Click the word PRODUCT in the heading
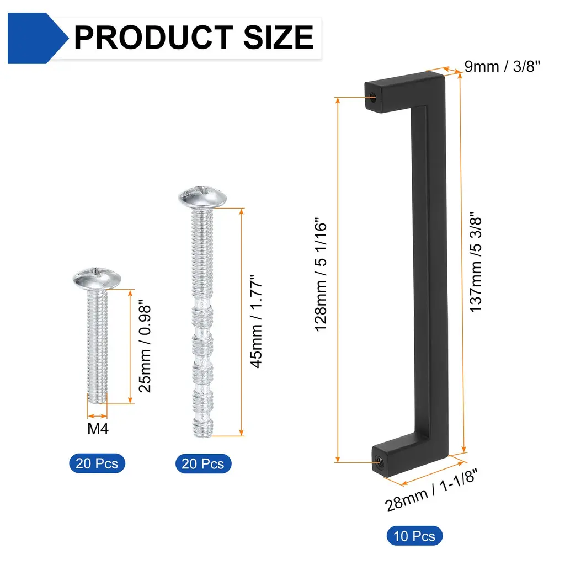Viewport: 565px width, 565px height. (153, 37)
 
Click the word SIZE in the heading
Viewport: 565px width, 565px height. (279, 37)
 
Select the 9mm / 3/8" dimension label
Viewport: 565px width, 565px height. (502, 66)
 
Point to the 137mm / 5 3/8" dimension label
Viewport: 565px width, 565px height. (476, 262)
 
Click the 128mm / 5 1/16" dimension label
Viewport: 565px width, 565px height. (321, 275)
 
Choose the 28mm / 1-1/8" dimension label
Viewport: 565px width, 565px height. (431, 490)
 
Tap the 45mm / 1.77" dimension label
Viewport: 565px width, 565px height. (256, 322)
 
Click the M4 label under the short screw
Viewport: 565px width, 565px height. (98, 429)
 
